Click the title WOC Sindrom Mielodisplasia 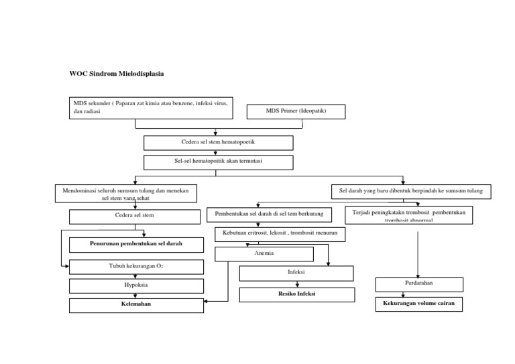(x=117, y=73)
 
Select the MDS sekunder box (x=150, y=108)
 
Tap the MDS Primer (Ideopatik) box (x=296, y=111)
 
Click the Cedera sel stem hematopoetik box (x=218, y=143)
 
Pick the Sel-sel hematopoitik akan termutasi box (x=218, y=162)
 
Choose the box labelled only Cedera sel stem (x=135, y=217)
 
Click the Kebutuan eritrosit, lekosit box (x=280, y=234)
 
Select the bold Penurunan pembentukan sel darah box (x=136, y=243)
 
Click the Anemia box (x=264, y=254)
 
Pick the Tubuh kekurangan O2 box (x=136, y=266)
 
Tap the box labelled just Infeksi (x=296, y=273)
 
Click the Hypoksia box (x=136, y=286)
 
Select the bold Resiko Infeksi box (x=297, y=294)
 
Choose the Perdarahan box (x=419, y=284)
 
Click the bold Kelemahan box (x=136, y=305)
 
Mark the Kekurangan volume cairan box (x=419, y=304)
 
